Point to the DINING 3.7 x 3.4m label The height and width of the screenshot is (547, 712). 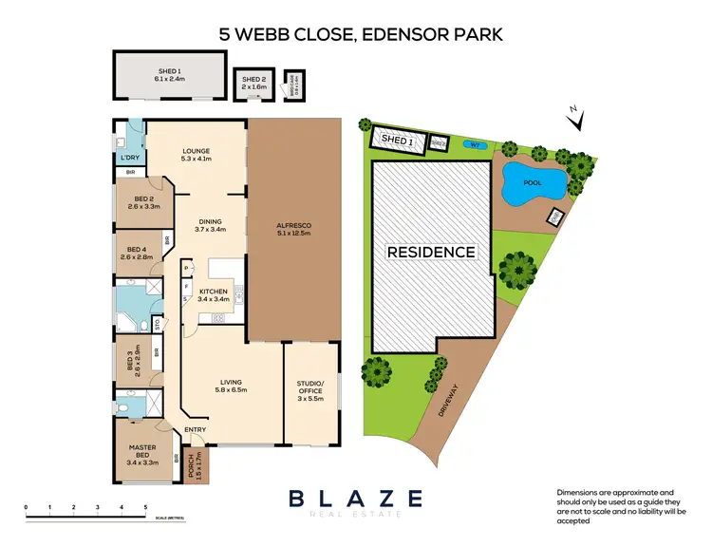pyautogui.click(x=211, y=225)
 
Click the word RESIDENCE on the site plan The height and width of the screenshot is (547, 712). pyautogui.click(x=430, y=252)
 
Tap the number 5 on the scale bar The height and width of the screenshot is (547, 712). pyautogui.click(x=145, y=509)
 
